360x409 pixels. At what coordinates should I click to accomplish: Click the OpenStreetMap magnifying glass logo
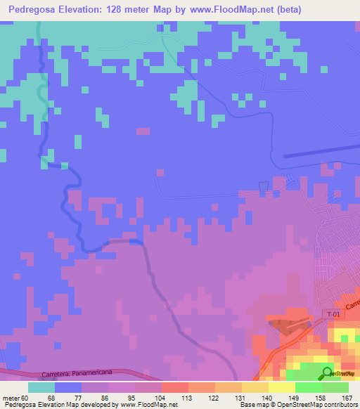(327, 374)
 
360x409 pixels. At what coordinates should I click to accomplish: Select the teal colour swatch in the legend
(41, 387)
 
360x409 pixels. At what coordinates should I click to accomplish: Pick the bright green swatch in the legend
(308, 387)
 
